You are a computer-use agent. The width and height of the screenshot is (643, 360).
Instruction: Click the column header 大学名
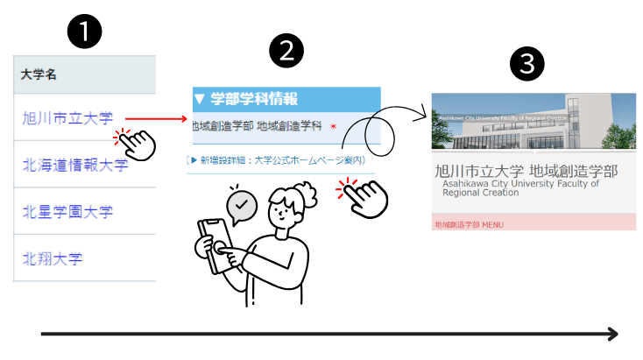(x=39, y=75)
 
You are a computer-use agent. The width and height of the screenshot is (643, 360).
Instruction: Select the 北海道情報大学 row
(x=75, y=165)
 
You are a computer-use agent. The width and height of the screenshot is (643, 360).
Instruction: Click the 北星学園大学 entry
(x=67, y=212)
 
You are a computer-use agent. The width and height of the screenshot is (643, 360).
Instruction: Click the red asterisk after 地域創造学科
(x=333, y=127)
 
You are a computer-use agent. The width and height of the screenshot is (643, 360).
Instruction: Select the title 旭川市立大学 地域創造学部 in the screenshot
(x=526, y=170)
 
